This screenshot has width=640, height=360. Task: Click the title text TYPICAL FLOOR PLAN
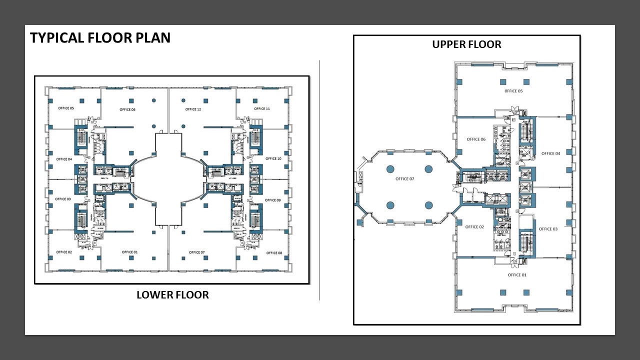click(100, 38)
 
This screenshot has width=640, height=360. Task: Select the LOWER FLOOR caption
click(172, 295)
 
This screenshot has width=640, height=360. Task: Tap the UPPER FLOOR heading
click(466, 44)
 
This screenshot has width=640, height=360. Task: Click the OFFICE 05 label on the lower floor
click(66, 108)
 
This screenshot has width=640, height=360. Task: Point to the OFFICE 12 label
click(193, 109)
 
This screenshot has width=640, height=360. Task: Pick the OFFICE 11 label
click(262, 108)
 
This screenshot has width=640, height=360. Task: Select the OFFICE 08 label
click(274, 253)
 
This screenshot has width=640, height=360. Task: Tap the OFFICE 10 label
click(273, 159)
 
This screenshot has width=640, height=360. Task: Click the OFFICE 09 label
click(273, 200)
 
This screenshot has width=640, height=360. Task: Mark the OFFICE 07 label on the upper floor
click(405, 179)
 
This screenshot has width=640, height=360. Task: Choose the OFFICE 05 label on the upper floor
click(513, 91)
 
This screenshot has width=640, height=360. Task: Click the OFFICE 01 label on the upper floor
click(517, 275)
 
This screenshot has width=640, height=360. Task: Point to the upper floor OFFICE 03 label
click(548, 229)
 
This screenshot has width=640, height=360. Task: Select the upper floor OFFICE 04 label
click(550, 153)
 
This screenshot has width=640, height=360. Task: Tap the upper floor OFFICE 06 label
click(476, 139)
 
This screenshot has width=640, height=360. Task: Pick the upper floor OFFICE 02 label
click(474, 227)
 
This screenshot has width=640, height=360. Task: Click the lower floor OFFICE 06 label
click(127, 109)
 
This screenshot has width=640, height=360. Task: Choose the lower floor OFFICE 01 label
click(129, 252)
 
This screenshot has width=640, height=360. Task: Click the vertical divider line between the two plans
click(319, 180)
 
